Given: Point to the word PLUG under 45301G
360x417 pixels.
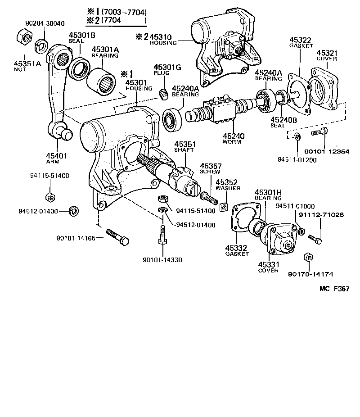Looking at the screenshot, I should [160, 73].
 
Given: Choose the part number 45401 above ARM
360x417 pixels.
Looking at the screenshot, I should [56, 156].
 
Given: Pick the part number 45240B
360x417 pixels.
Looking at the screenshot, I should [284, 119].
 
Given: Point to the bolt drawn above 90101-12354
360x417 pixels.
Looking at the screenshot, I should [319, 132].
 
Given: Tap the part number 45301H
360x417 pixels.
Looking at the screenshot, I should [268, 192].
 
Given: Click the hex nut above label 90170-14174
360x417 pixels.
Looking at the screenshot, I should [309, 258].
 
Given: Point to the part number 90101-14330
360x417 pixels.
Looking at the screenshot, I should [162, 260].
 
